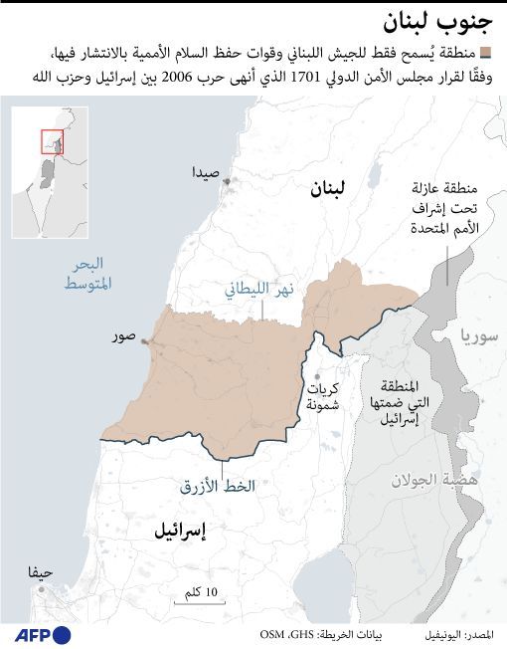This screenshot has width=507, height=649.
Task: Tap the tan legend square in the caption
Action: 485,53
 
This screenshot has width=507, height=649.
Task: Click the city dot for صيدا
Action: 227,181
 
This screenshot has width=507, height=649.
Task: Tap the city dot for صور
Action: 146,341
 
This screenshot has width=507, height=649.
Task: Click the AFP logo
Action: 42,634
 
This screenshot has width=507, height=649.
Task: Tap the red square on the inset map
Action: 51,141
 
